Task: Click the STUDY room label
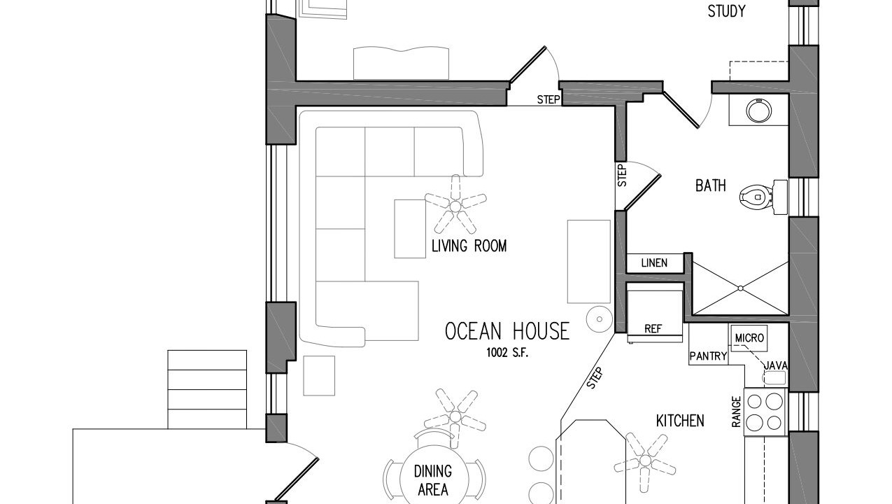click(726, 11)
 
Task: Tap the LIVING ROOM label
click(469, 246)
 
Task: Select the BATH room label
click(710, 185)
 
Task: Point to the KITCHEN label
click(680, 421)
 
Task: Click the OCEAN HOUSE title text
click(507, 332)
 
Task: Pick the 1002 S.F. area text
click(507, 353)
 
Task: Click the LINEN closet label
click(654, 263)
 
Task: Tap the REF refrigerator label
click(653, 329)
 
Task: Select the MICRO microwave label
click(749, 338)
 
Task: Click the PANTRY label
click(709, 356)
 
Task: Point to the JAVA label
click(776, 365)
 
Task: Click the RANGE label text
click(736, 412)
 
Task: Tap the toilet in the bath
click(763, 197)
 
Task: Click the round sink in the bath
click(759, 111)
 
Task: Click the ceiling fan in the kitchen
click(645, 461)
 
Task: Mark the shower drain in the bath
click(740, 288)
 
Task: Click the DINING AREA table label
click(433, 480)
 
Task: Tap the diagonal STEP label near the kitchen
click(595, 378)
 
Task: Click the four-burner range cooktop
click(765, 412)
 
